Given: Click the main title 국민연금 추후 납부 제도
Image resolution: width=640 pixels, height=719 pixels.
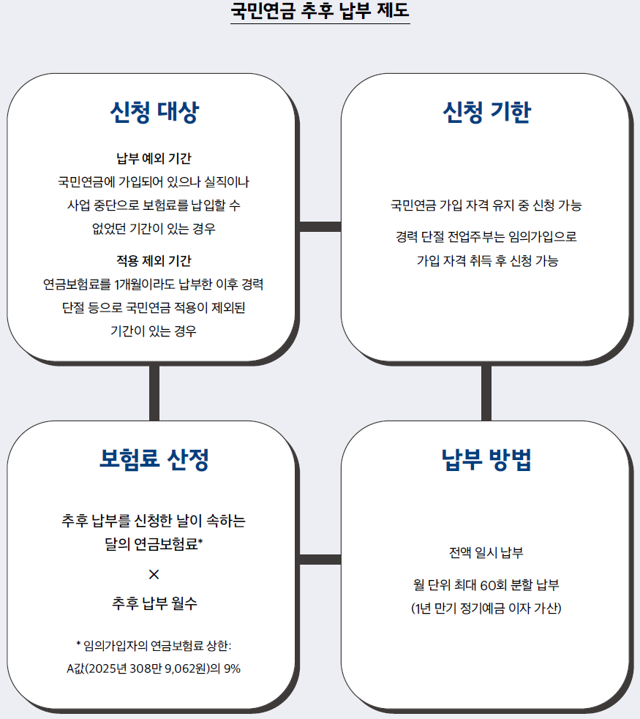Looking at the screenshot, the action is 320,10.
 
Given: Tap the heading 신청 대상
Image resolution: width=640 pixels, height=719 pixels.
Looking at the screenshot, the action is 154,112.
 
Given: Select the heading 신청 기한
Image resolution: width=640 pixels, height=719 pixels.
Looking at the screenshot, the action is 487,112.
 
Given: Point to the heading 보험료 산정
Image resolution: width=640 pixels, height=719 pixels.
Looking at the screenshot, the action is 154,459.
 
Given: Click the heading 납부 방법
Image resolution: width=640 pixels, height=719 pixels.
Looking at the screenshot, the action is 487,459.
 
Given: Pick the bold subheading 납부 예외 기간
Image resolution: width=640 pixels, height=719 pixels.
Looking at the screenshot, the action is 154,159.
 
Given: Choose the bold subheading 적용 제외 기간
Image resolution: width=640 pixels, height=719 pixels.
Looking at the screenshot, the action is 154,261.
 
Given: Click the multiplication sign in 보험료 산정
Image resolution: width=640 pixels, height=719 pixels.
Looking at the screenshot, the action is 154,574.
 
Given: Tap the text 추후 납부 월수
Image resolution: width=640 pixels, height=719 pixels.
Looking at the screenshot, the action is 154,603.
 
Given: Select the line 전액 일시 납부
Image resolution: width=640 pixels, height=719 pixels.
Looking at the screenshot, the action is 486,552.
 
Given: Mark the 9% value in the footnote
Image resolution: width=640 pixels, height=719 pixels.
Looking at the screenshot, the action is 232,669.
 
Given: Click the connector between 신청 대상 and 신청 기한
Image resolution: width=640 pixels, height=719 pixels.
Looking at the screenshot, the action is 320,227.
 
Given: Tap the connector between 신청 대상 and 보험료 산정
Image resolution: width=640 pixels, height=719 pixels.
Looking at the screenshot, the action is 154,393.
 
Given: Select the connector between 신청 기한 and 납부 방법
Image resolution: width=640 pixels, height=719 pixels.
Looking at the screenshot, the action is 486,393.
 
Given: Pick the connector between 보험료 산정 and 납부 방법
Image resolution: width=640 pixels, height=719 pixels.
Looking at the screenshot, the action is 320,560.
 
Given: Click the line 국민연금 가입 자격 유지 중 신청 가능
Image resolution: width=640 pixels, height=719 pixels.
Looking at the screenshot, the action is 486,205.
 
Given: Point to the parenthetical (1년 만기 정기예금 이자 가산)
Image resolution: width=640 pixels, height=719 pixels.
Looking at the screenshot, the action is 486,609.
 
